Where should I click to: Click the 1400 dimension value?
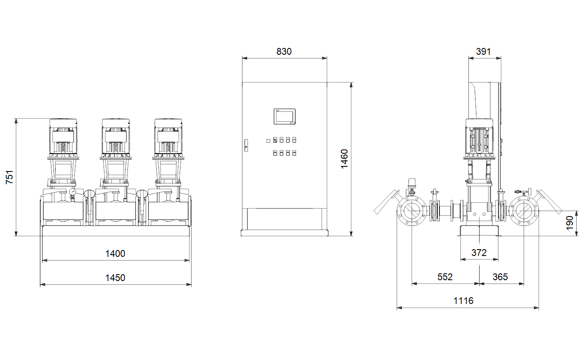tap(115, 253)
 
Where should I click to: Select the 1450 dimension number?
tap(115, 278)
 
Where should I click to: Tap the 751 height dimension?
tap(9, 177)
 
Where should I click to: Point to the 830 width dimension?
tap(284, 51)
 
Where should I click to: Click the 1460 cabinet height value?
tap(344, 159)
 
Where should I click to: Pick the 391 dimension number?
tap(483, 51)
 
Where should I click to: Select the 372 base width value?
tap(479, 253)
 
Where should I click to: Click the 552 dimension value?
tap(445, 277)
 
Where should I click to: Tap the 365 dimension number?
tap(500, 277)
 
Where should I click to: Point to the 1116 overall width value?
tap(463, 301)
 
